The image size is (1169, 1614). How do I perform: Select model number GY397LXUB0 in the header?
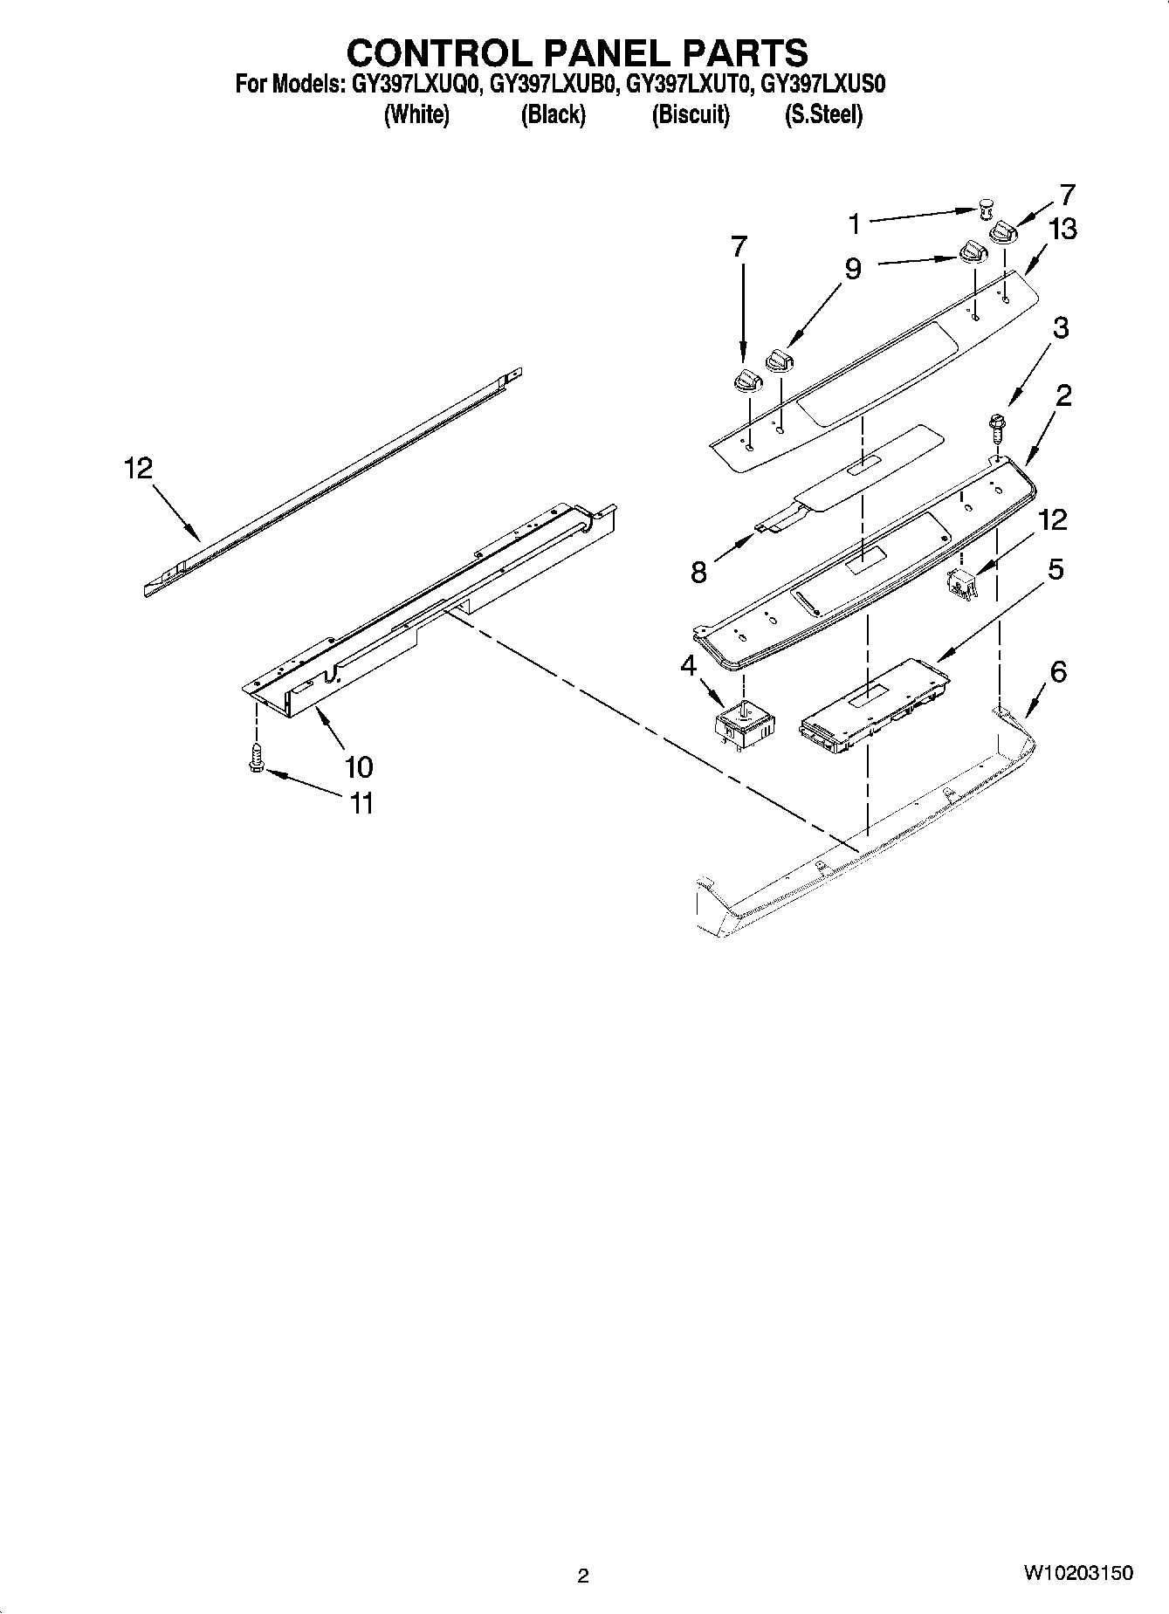pos(552,85)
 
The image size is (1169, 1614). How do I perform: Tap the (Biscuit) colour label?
pos(691,115)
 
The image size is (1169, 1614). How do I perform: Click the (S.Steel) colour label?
pos(823,115)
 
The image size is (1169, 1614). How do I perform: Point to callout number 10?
pos(358,766)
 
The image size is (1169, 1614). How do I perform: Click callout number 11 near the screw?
pos(361,802)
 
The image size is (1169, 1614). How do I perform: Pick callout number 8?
pos(698,573)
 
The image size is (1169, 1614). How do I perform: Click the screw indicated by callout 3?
pos(995,430)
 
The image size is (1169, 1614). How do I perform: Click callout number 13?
pos(1062,230)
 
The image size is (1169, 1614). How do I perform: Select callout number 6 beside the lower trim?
pos(1057,671)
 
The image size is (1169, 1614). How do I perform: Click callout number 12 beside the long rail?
pos(138,469)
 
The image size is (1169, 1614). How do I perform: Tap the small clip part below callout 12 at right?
pos(961,582)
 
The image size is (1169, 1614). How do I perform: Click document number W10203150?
pos(1078,1573)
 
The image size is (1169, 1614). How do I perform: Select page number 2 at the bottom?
pos(583,1576)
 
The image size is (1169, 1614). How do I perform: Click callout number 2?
pos(1062,395)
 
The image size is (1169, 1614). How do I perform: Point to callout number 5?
pos(1055,569)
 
